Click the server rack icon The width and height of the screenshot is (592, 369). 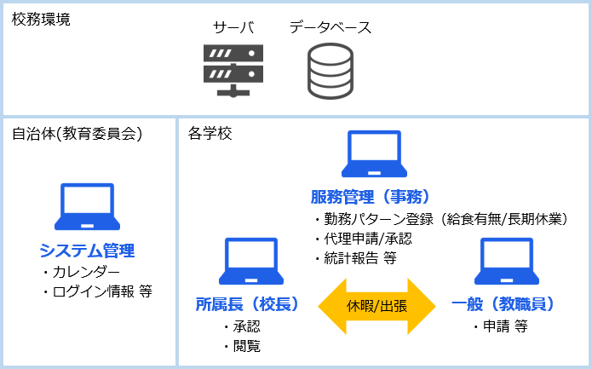233,71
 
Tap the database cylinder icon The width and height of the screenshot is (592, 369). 330,71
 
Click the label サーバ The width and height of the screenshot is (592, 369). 233,27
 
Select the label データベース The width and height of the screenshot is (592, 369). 330,27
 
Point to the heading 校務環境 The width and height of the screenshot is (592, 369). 41,19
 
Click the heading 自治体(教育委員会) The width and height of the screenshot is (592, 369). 77,134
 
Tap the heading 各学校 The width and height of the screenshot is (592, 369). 210,133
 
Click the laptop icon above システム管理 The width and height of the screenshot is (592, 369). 87,206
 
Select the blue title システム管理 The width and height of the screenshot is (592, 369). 87,251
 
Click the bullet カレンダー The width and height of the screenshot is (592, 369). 81,272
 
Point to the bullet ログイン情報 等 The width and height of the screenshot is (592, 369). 97,291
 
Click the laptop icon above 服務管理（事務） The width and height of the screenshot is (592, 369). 374,153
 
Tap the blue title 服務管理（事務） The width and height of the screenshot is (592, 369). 371,197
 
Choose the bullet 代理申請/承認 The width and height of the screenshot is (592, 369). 363,239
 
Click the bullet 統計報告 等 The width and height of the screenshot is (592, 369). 356,258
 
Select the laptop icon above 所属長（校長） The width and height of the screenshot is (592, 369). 251,261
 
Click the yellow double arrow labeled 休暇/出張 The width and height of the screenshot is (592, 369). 376,306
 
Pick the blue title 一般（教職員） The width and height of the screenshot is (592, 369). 503,304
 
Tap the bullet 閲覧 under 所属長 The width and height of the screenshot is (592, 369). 242,346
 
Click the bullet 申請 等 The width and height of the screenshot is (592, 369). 501,326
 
